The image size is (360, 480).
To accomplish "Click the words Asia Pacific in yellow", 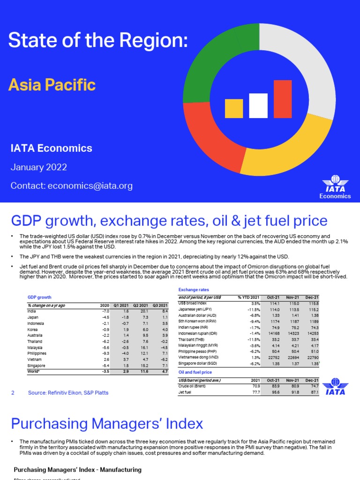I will click(x=52, y=85).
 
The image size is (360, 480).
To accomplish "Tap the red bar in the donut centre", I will click(x=283, y=99).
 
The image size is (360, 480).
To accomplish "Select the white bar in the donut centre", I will click(x=258, y=105).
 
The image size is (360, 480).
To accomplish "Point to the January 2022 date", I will click(x=39, y=167).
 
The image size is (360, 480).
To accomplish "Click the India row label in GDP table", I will click(x=32, y=311).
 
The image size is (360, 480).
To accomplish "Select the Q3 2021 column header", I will click(x=160, y=305).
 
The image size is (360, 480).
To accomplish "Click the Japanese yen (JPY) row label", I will click(x=195, y=309).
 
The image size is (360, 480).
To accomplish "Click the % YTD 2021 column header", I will click(x=248, y=297).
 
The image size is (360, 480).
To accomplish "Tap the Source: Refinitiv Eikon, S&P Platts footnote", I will click(x=68, y=392).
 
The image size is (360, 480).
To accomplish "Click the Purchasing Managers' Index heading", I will click(x=107, y=424).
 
